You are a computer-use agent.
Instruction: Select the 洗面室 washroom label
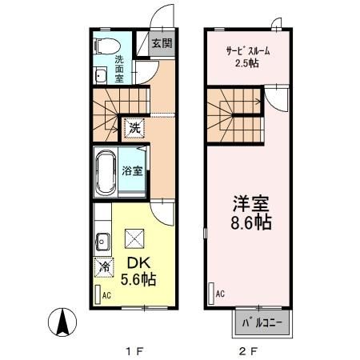pos(118,70)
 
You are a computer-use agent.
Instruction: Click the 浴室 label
pos(131,171)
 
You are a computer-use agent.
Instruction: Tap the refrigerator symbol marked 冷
pos(103,267)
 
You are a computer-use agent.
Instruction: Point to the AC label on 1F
pos(106,295)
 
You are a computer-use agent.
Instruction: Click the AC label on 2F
pos(220,294)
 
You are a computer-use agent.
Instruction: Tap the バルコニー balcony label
pos(263,323)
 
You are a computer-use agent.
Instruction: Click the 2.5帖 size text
pos(246,64)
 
